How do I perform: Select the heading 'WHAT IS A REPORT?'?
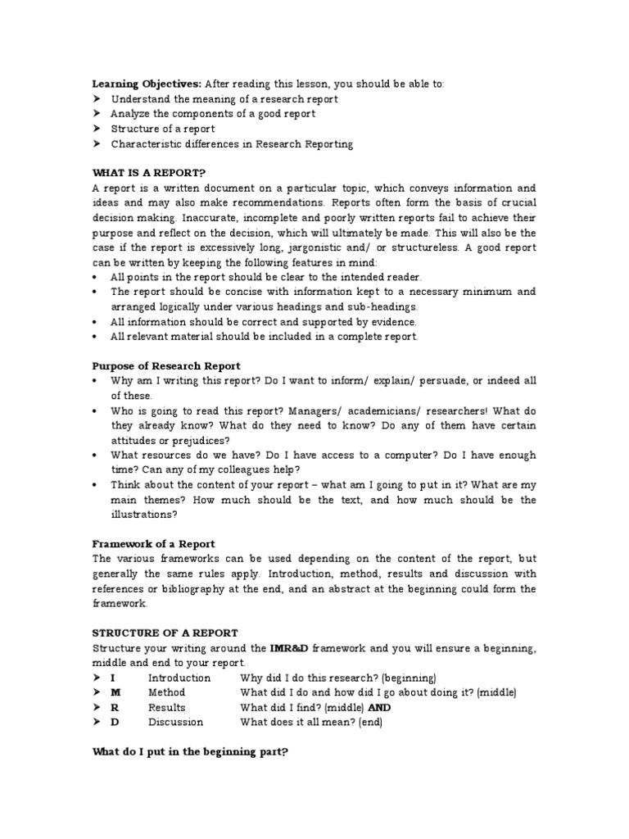[149, 173]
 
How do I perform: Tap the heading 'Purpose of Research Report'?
[166, 365]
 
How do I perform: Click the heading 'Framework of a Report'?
[153, 544]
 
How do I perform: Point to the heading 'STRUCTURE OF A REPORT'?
[165, 633]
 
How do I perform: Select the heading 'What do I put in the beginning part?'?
[190, 752]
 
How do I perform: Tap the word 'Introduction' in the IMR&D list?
[179, 678]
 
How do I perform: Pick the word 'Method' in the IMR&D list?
[166, 692]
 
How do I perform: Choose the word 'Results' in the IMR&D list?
[166, 707]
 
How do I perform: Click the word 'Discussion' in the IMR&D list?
[175, 722]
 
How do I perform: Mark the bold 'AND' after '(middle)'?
[379, 707]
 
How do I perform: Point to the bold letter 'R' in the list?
[115, 707]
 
